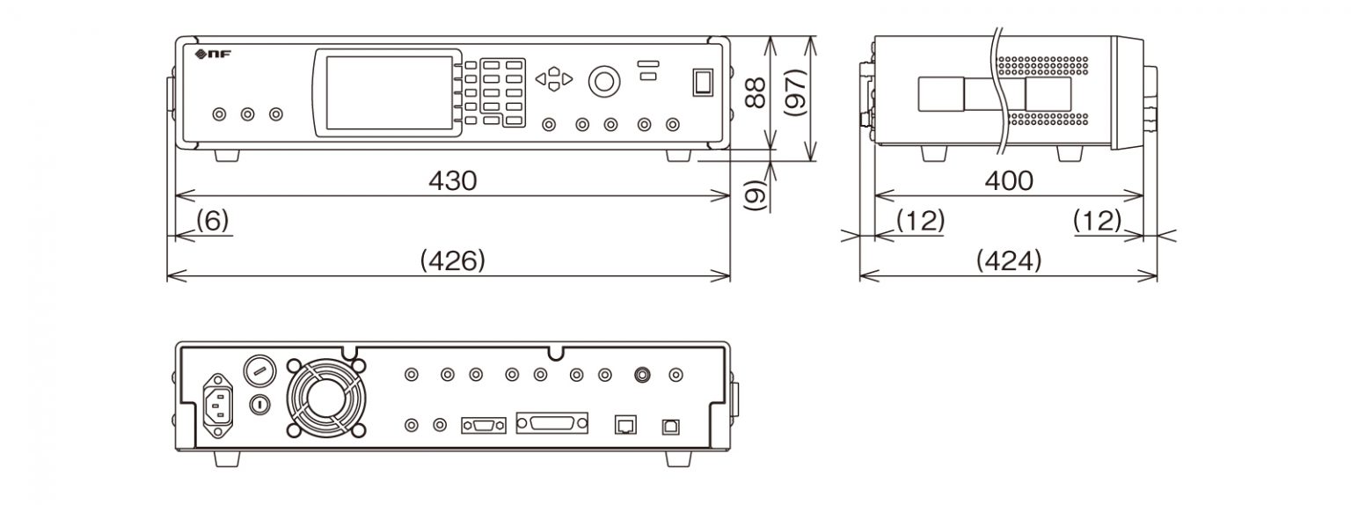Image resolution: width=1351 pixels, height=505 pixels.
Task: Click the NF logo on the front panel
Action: [x=211, y=55]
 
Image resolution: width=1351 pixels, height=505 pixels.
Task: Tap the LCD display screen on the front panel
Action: [x=384, y=92]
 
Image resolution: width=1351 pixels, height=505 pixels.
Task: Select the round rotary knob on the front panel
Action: [x=602, y=80]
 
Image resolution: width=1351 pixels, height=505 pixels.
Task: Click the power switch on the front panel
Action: [x=702, y=81]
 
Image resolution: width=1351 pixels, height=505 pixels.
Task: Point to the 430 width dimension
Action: [x=452, y=181]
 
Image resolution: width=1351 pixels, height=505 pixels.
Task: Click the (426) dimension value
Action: [x=452, y=261]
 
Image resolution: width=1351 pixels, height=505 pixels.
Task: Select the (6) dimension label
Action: [x=211, y=221]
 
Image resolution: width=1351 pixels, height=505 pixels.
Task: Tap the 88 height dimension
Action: [x=754, y=91]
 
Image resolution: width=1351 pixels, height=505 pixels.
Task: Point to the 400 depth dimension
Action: [x=1008, y=181]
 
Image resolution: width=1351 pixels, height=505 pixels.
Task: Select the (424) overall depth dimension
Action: [x=1008, y=261]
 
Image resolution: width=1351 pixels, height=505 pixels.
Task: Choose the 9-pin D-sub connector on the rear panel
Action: [x=483, y=426]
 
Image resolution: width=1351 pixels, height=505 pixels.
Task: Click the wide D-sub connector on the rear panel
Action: [x=551, y=424]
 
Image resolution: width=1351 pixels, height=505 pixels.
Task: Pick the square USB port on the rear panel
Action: [x=670, y=425]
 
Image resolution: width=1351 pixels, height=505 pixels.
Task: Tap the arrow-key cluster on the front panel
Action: [x=553, y=79]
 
